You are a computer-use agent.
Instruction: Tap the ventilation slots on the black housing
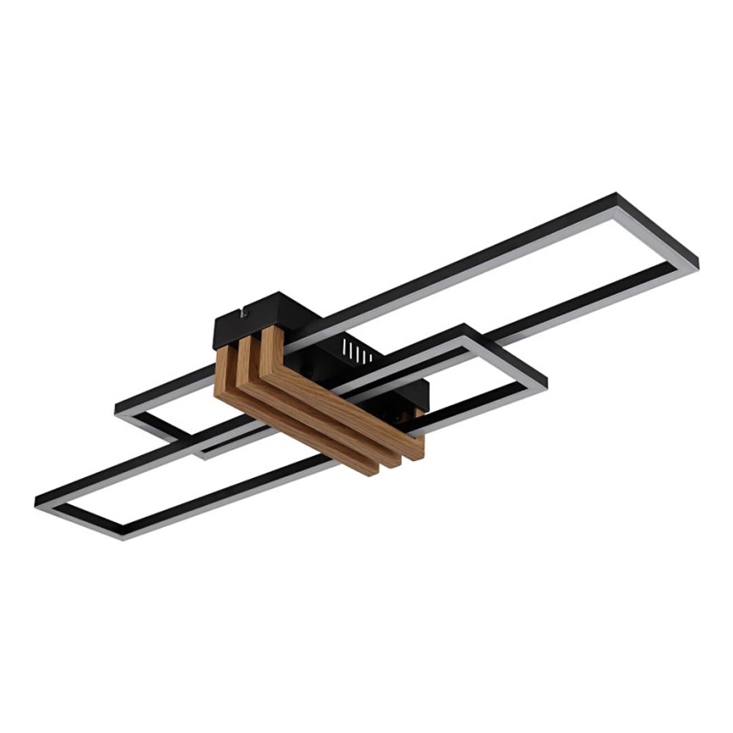(357, 353)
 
